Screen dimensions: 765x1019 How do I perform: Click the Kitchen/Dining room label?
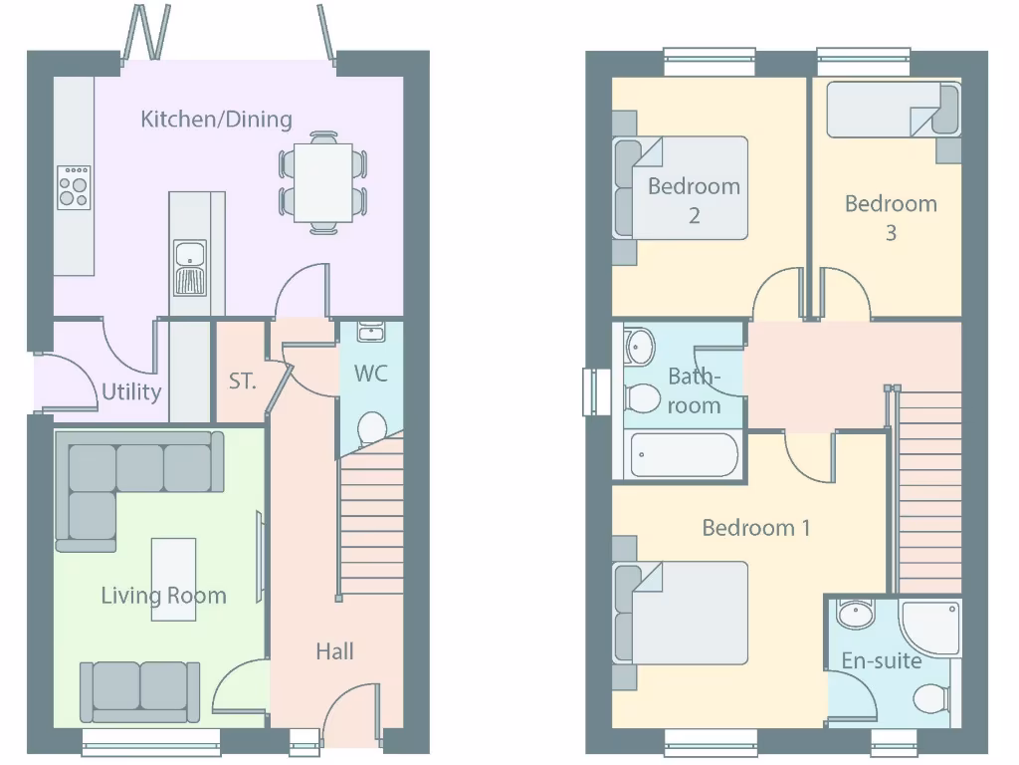click(x=216, y=120)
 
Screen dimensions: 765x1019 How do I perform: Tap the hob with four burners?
click(x=73, y=187)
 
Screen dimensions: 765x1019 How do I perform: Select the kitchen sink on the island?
click(x=189, y=267)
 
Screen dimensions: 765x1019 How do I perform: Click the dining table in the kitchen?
click(x=323, y=182)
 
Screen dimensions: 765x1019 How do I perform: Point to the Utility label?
click(x=131, y=391)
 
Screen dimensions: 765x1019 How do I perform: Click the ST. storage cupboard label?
click(x=242, y=381)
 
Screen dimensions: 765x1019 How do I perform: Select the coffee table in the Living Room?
click(x=173, y=579)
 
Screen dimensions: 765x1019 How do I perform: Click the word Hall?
click(x=334, y=651)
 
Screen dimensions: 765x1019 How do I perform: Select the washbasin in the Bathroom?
click(x=639, y=348)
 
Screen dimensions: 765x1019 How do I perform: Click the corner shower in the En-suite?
click(x=929, y=628)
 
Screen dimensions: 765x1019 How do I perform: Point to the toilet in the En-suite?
click(x=931, y=698)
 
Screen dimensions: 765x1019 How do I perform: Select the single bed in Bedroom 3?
click(x=891, y=110)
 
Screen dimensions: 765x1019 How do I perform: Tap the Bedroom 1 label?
click(x=755, y=528)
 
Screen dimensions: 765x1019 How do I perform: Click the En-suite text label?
click(x=881, y=660)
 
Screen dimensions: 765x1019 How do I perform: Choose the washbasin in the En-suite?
click(x=854, y=615)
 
